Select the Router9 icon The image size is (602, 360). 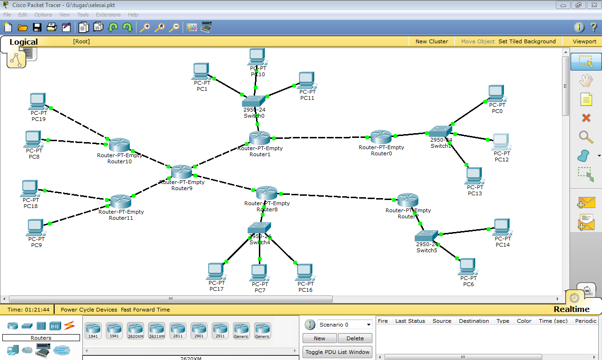click(x=181, y=172)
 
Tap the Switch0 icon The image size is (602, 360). click(x=254, y=101)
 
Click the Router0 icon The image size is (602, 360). click(x=381, y=137)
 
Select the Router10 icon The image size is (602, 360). click(x=119, y=145)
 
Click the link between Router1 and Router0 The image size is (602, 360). click(x=320, y=138)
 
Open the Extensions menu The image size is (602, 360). click(x=108, y=15)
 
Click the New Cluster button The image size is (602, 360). click(x=432, y=41)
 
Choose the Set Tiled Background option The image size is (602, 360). click(x=527, y=41)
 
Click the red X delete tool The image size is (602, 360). click(x=586, y=118)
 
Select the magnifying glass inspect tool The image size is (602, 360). click(x=586, y=137)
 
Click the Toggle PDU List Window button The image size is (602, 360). click(x=337, y=352)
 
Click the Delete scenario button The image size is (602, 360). click(x=355, y=338)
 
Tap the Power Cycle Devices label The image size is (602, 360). click(x=89, y=310)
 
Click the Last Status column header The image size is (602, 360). click(x=410, y=321)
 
